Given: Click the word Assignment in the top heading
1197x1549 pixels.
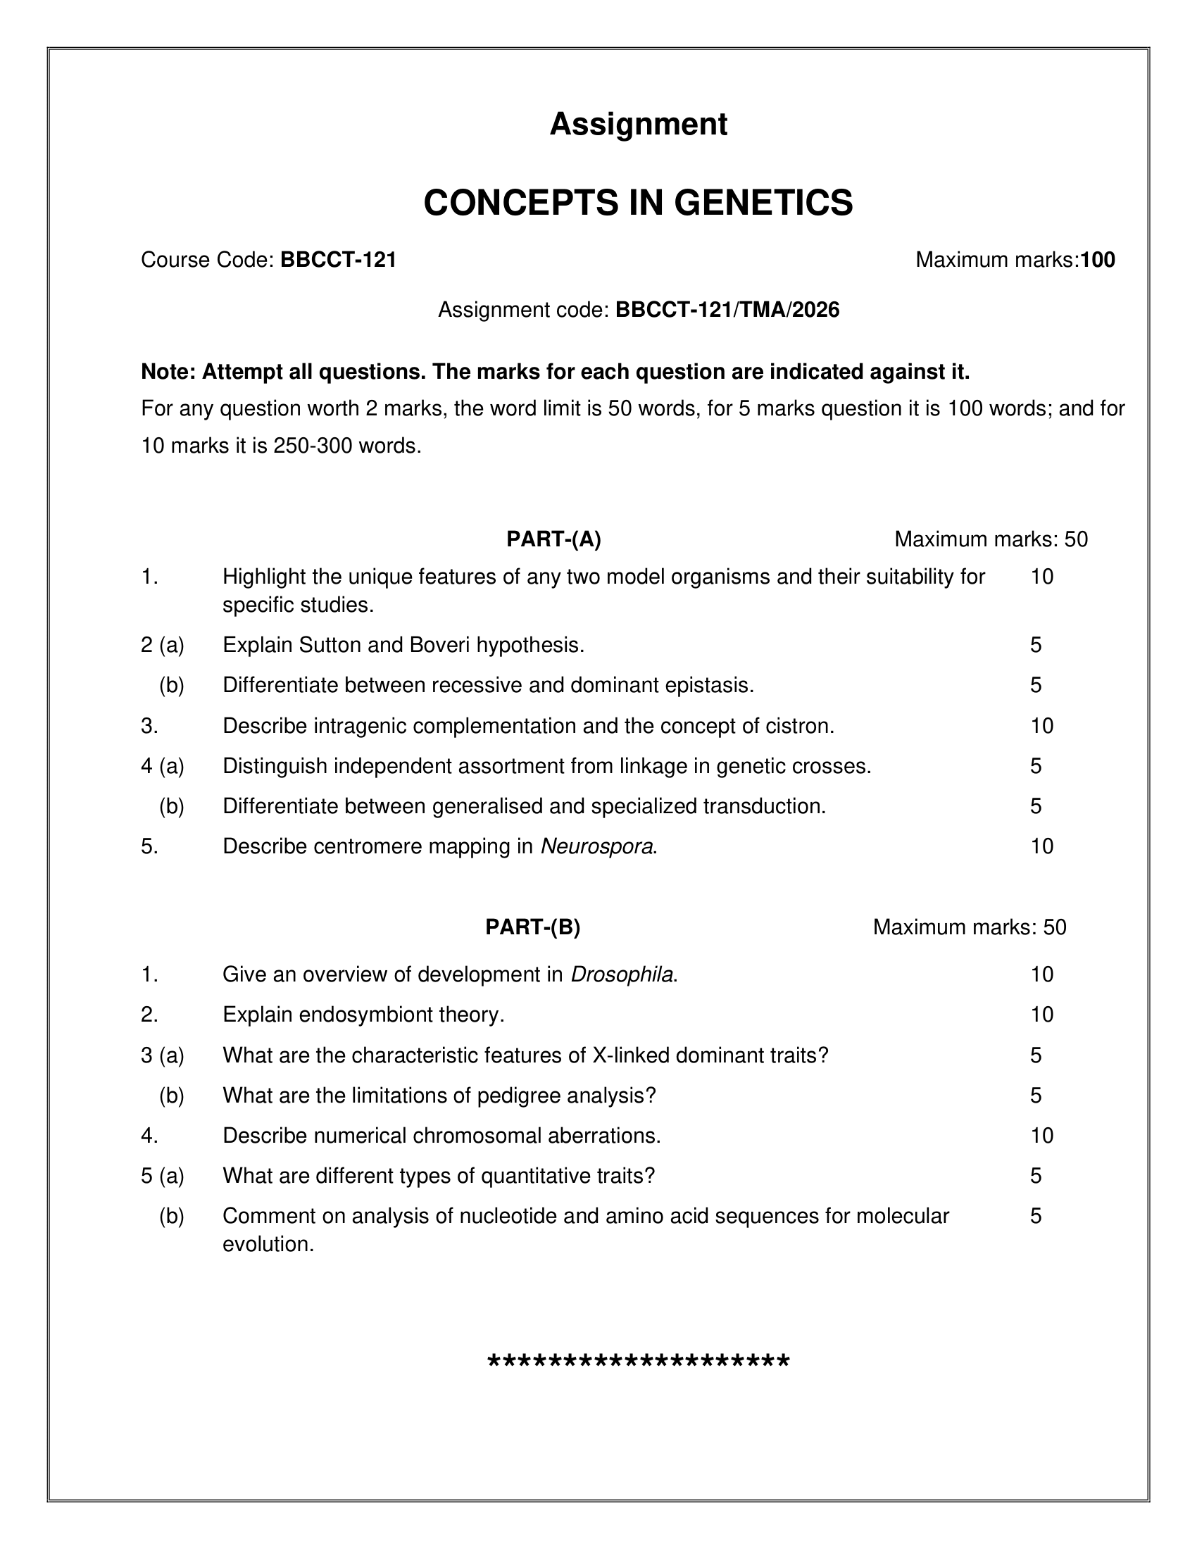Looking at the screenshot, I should click(x=638, y=124).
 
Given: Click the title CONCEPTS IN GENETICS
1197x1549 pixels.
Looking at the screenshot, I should click(x=638, y=203).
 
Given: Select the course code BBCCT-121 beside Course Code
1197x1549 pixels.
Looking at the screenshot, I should click(x=338, y=261).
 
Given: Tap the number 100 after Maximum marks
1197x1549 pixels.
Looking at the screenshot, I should click(x=1098, y=261).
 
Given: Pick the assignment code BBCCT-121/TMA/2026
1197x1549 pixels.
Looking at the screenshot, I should click(x=727, y=310).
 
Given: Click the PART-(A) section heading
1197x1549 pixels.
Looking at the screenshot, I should click(x=553, y=539).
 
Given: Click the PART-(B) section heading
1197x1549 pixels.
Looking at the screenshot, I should click(x=532, y=927).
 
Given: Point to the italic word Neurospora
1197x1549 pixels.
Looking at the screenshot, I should click(x=596, y=846).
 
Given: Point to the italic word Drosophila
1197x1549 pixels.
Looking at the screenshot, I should click(x=622, y=974).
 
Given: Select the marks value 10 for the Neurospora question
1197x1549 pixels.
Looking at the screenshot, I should click(x=1041, y=846).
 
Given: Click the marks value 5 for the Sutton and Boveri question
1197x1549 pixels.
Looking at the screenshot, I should click(x=1035, y=645).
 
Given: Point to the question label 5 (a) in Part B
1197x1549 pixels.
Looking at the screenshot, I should click(x=163, y=1176).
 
